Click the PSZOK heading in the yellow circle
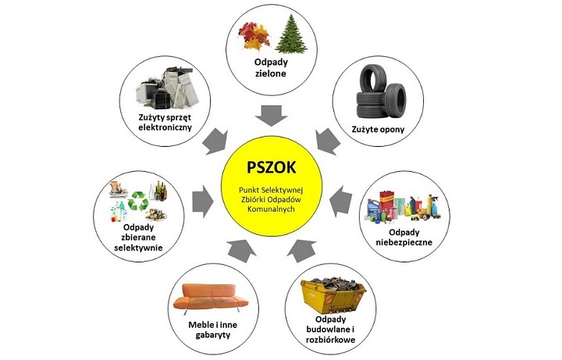[x=272, y=167]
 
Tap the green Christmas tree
[x=291, y=34]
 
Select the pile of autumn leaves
[x=254, y=35]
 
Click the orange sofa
[x=211, y=298]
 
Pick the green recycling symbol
[x=138, y=201]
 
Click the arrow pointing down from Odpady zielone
[x=272, y=116]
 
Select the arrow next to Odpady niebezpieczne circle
[x=340, y=201]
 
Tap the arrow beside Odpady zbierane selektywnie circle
[x=203, y=201]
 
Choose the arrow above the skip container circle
[x=302, y=251]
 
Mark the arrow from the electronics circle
[x=216, y=142]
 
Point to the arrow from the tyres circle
[x=328, y=141]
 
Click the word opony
[x=391, y=130]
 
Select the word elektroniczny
[x=165, y=127]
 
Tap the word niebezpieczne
[x=404, y=242]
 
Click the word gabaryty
[x=213, y=335]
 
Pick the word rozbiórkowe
[x=330, y=340]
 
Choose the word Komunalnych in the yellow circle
[x=271, y=209]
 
